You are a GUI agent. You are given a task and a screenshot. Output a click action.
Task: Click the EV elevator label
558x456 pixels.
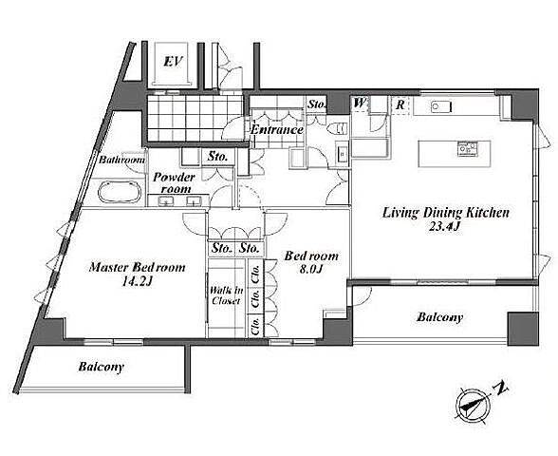coord(173,62)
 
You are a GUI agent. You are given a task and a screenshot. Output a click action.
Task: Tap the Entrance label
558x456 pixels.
coord(277,129)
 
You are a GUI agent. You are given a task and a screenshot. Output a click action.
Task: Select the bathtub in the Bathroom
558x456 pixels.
coord(120,192)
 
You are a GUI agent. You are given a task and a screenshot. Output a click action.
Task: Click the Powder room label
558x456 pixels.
coord(175,182)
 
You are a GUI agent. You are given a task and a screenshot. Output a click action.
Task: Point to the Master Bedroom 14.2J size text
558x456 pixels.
coord(137,282)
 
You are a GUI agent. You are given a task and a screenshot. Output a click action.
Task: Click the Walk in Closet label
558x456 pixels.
coord(226,295)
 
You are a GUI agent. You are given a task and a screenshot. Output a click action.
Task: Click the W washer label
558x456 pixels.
coord(360,104)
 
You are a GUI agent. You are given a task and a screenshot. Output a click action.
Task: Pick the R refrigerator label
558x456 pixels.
coord(400,104)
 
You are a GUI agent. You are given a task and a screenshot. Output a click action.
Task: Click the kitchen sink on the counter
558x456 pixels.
coord(441,106)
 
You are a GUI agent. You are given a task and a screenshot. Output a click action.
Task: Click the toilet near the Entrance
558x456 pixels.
coord(337,128)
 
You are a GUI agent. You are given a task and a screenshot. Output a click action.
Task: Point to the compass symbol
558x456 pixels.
coord(474,405)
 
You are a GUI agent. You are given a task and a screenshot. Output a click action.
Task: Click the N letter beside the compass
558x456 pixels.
coord(501,389)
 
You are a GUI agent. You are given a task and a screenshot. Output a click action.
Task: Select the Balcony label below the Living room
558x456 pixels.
coord(440,317)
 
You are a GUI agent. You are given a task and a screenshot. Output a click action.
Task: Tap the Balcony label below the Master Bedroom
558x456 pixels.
coord(102,367)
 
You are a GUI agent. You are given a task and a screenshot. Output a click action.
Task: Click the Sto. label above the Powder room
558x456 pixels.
coord(217,157)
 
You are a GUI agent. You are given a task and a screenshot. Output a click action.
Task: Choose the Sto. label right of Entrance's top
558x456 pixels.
coord(316,104)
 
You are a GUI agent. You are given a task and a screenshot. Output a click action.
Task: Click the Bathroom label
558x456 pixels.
coord(121,160)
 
